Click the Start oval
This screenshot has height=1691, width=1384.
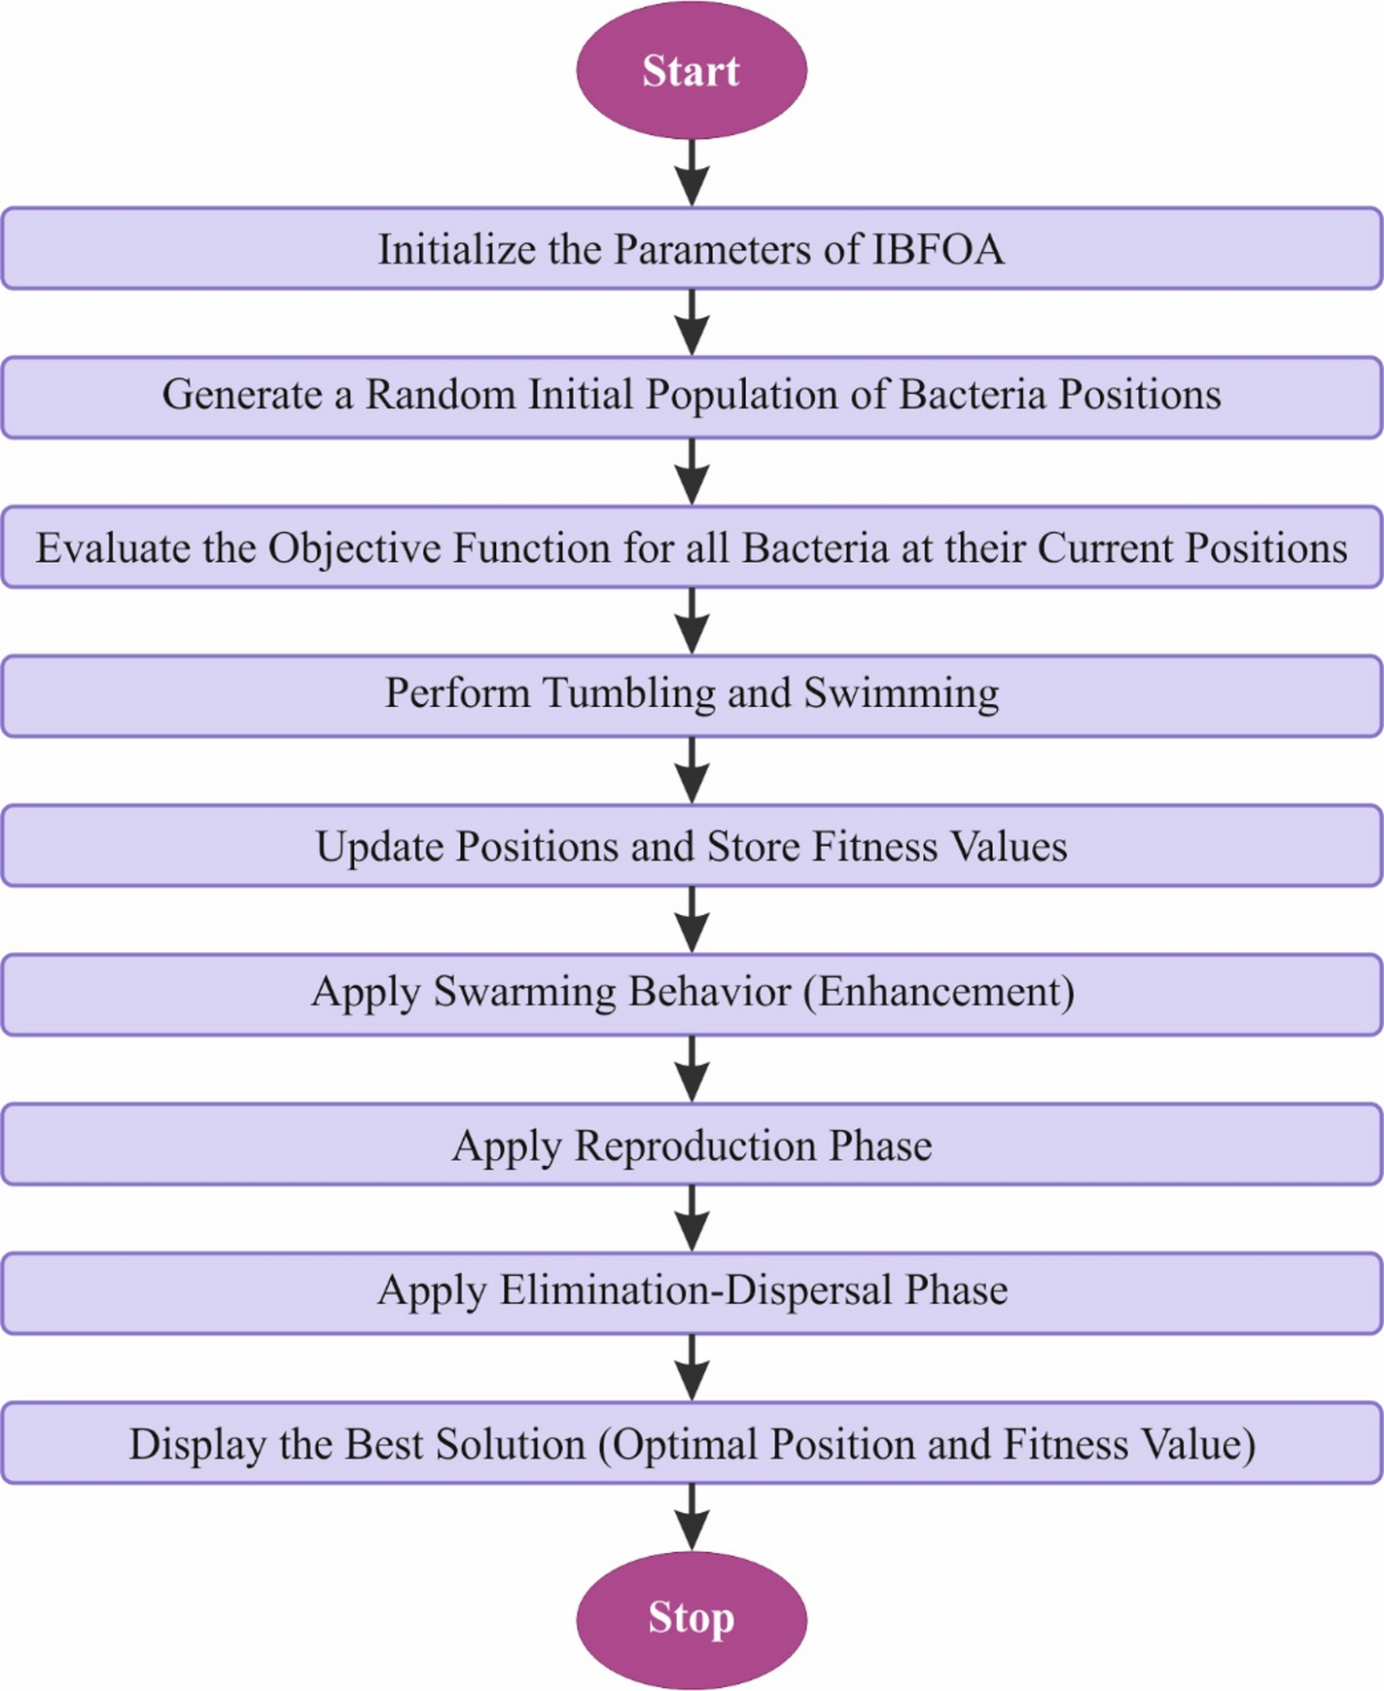pos(692,70)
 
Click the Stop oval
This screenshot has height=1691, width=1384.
pos(692,1618)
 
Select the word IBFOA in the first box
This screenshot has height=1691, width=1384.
pos(937,250)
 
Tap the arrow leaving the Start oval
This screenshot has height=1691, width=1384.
pos(692,172)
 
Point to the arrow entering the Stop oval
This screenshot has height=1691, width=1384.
pos(692,1516)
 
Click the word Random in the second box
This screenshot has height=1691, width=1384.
pos(440,395)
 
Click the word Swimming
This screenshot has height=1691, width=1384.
pos(901,693)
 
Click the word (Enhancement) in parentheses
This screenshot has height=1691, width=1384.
pos(939,992)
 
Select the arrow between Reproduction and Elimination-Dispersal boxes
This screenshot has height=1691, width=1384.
pos(692,1217)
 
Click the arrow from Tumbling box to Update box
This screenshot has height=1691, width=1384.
pos(692,769)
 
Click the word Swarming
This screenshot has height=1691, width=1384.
pos(524,992)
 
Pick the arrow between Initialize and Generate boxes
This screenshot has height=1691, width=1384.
pos(692,322)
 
